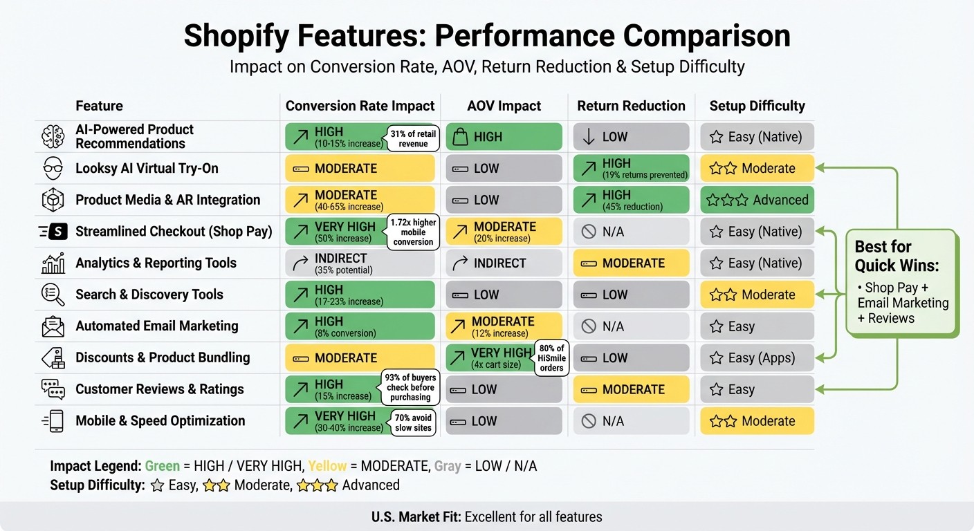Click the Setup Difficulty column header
click(x=757, y=106)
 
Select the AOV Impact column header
click(x=504, y=106)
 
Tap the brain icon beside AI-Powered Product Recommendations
click(x=53, y=137)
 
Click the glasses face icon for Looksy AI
click(x=53, y=168)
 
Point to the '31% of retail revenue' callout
click(x=413, y=138)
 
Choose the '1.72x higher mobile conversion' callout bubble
click(x=413, y=232)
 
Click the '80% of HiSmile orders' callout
click(x=551, y=357)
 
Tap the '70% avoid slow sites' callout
click(x=413, y=422)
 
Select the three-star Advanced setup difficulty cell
click(x=757, y=200)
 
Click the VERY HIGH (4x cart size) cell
click(x=492, y=357)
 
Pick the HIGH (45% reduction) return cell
click(x=631, y=200)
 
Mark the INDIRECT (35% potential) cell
click(x=360, y=263)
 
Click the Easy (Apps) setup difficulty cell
click(x=757, y=358)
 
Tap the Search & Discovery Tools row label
click(x=149, y=295)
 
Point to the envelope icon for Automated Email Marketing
click(x=53, y=326)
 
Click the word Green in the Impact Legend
click(x=162, y=466)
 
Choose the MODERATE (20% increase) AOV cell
click(x=504, y=232)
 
